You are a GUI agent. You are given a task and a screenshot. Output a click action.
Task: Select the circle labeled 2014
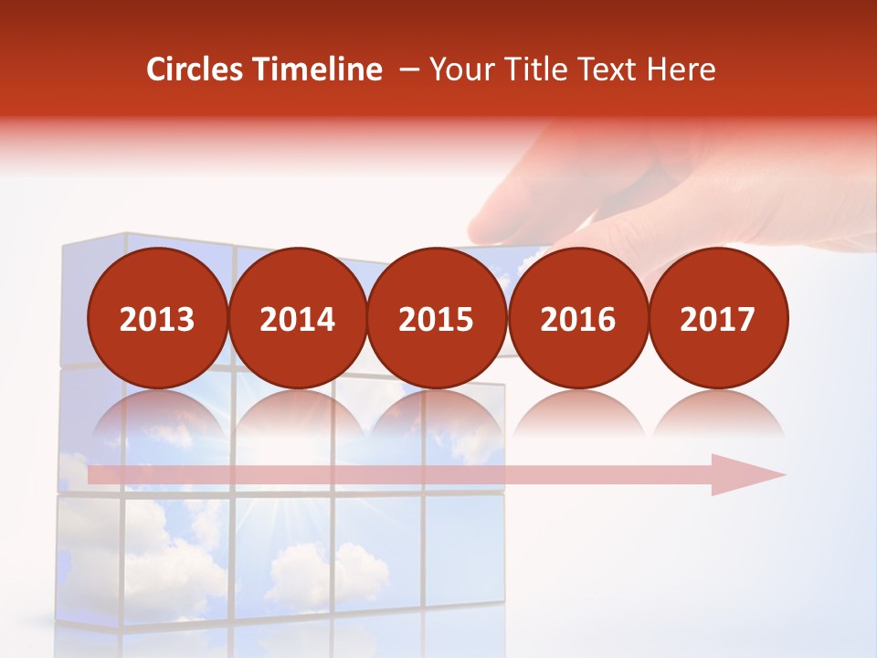coord(297,318)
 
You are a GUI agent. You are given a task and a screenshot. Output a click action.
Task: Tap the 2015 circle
coord(437,318)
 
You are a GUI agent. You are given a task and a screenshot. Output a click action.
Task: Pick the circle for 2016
coord(577,318)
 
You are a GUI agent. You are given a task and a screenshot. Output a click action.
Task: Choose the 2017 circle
coord(717,318)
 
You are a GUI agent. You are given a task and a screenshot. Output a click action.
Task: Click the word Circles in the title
coord(195,69)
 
